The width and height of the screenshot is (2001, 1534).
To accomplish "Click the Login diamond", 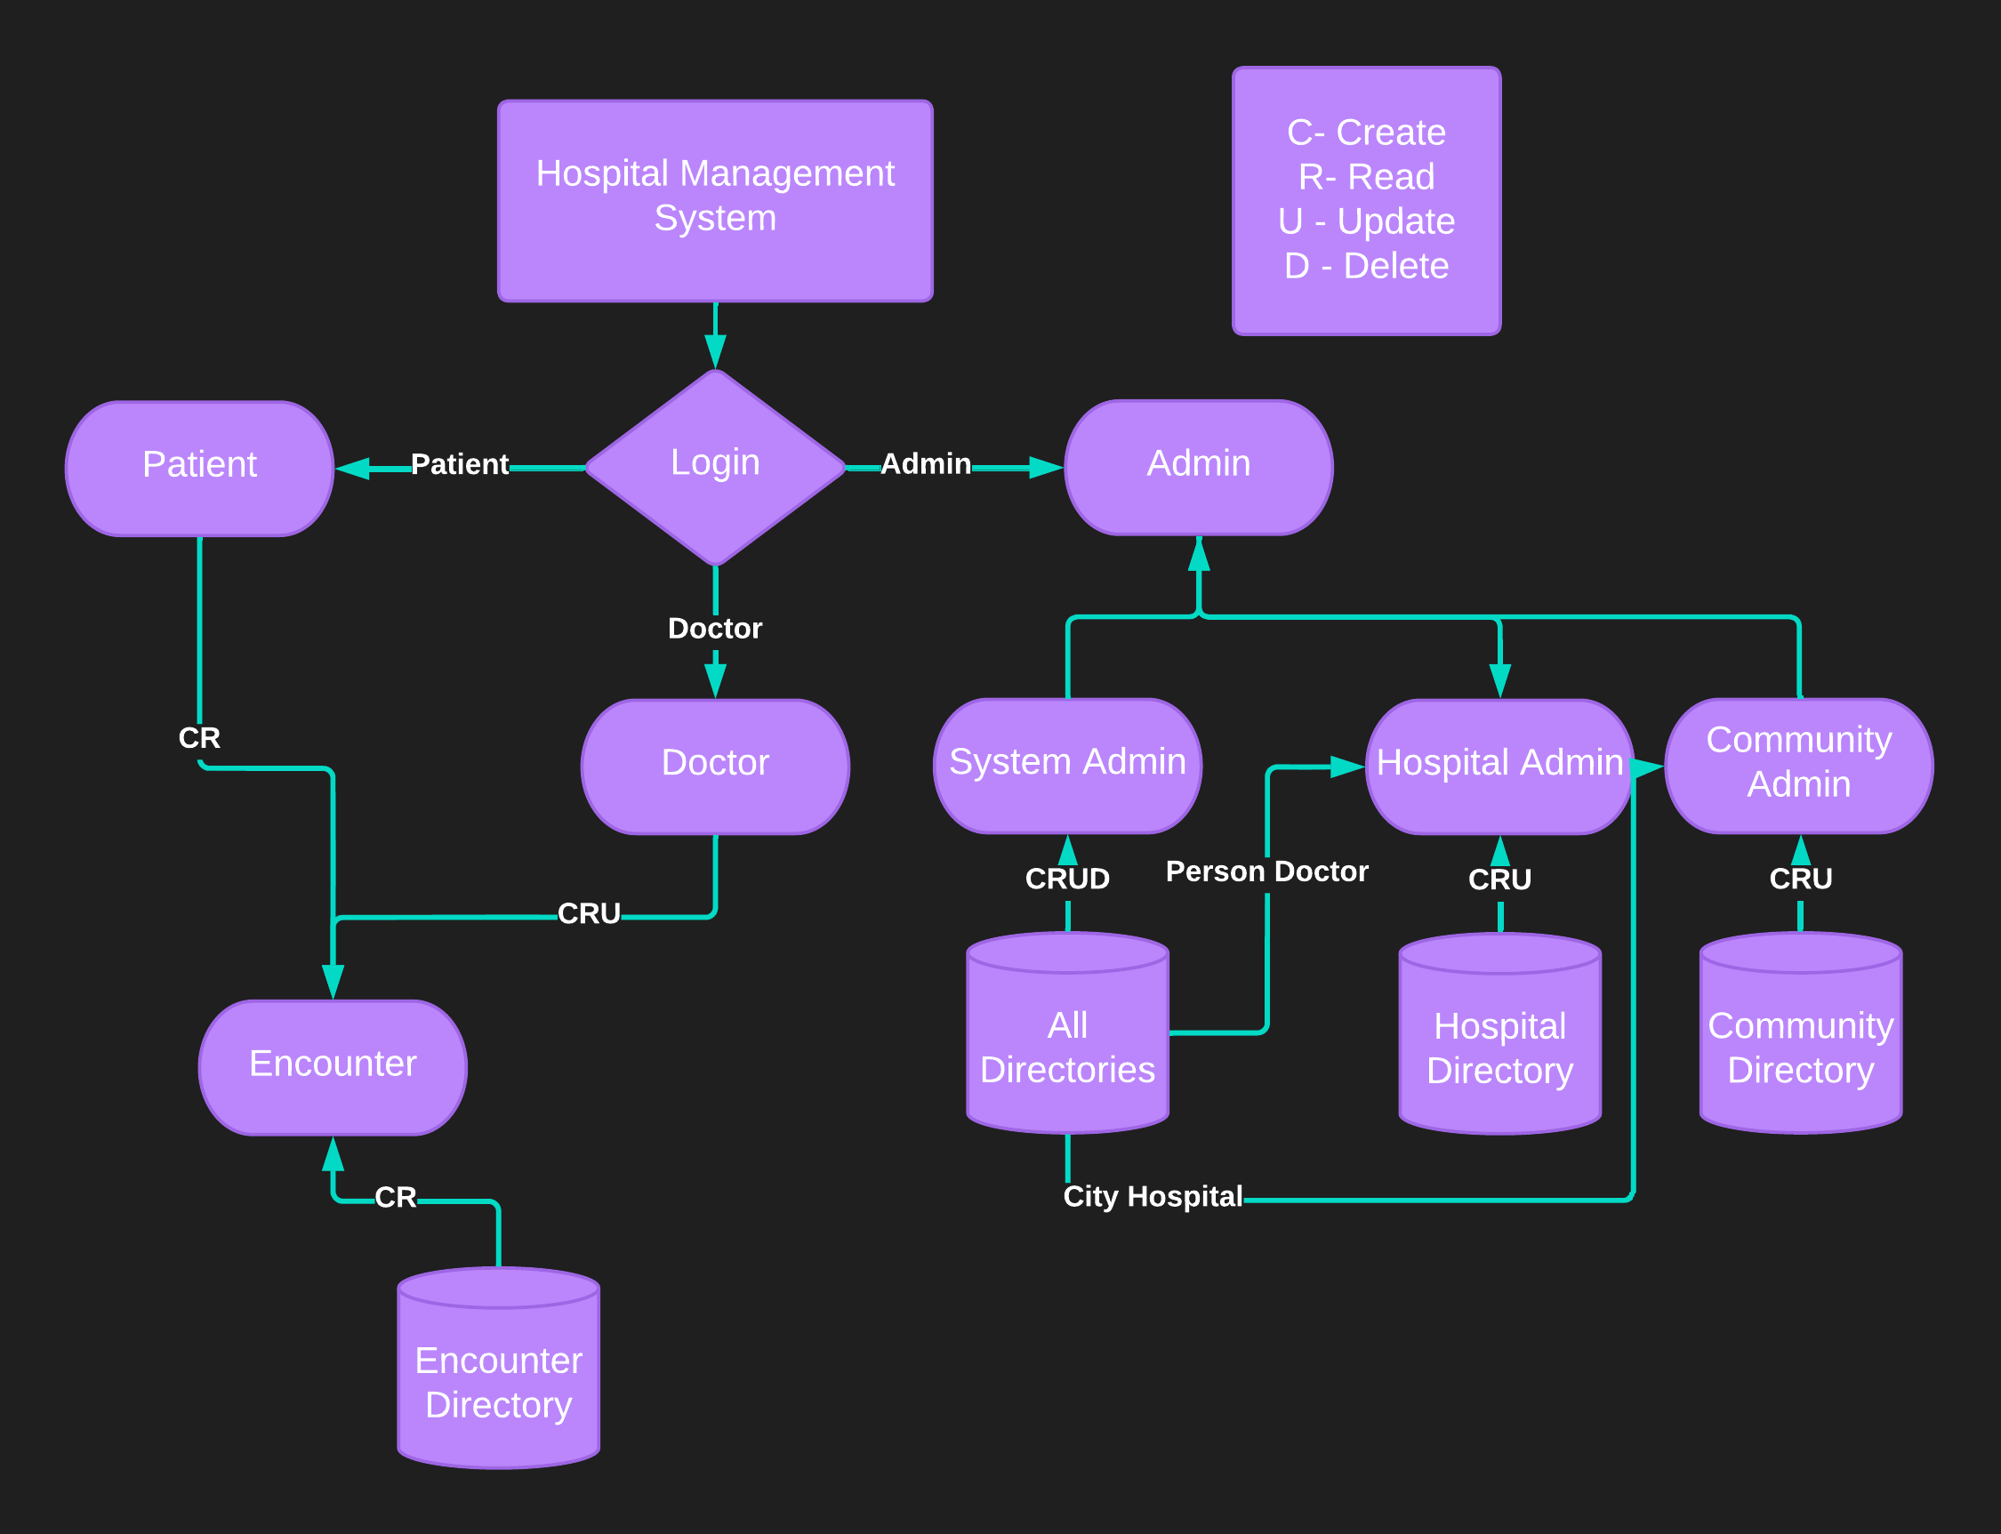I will [715, 467].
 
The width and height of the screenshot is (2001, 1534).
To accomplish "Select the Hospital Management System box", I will [715, 200].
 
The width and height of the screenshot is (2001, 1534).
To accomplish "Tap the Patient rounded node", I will [199, 468].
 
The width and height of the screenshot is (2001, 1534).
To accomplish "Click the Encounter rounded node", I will [333, 1066].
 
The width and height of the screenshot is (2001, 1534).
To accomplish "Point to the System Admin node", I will [1066, 765].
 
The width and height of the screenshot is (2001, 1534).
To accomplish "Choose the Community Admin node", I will [1798, 765].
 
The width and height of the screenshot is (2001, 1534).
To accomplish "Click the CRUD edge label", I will [1066, 879].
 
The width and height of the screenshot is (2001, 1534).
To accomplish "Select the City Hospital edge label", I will [1153, 1196].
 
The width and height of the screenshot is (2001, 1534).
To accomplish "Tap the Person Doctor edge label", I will [1266, 871].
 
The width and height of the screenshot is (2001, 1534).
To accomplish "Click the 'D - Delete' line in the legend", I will [1365, 266].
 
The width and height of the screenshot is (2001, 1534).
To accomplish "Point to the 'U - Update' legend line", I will [1365, 221].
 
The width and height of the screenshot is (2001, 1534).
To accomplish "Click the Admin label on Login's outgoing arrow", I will [925, 464].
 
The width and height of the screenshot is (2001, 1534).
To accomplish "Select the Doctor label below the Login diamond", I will [714, 628].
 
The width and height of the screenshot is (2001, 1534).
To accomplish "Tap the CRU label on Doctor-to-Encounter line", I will [588, 913].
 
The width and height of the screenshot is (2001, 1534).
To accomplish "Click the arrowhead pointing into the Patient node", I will [352, 469].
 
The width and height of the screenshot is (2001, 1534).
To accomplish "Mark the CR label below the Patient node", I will [199, 738].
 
